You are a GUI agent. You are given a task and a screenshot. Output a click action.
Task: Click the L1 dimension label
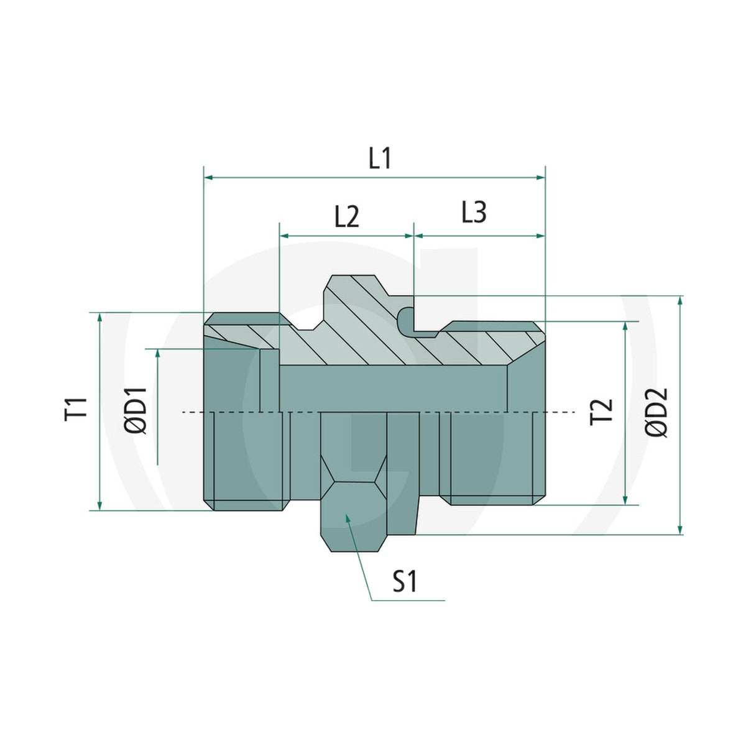[379, 159]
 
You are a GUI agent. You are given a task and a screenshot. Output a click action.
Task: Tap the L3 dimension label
[474, 213]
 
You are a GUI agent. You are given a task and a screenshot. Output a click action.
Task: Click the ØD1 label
[136, 410]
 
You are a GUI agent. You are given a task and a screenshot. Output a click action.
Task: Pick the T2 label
[601, 412]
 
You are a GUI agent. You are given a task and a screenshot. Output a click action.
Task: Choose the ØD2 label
[656, 412]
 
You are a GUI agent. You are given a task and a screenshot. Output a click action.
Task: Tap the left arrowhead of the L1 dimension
[208, 177]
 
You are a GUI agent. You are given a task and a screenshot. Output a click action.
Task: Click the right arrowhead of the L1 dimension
[540, 177]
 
